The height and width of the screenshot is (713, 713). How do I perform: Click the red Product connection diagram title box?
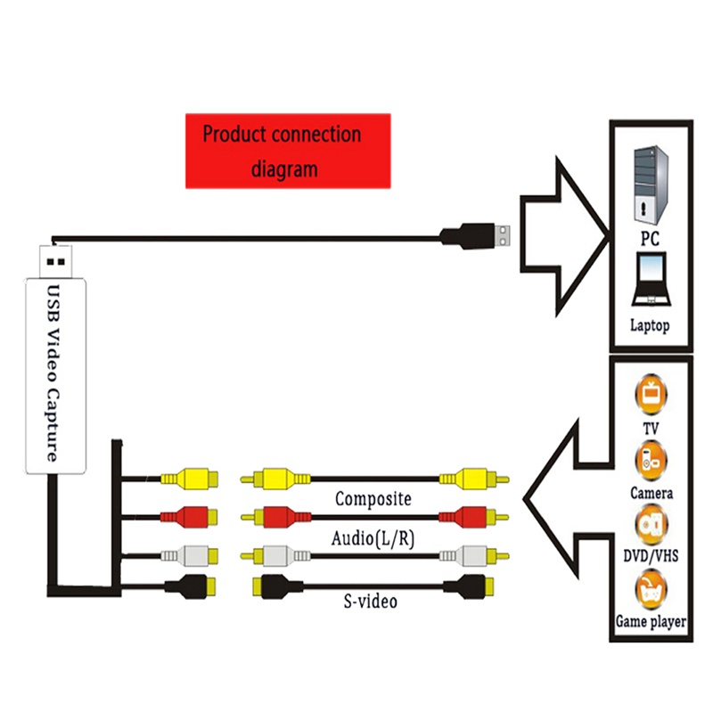click(287, 151)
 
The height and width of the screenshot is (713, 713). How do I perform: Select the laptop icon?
click(651, 279)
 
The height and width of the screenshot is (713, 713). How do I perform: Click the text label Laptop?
click(650, 326)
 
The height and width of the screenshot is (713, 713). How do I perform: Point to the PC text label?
click(650, 239)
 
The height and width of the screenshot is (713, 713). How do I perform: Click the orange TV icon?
click(651, 394)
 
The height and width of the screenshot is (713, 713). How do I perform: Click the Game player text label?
click(651, 622)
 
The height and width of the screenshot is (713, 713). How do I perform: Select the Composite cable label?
click(373, 499)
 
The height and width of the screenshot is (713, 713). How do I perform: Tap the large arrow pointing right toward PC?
click(561, 236)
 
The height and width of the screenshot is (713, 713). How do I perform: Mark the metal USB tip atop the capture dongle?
click(55, 258)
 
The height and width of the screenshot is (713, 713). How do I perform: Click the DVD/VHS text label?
click(651, 557)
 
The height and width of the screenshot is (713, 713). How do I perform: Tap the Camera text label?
click(651, 493)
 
